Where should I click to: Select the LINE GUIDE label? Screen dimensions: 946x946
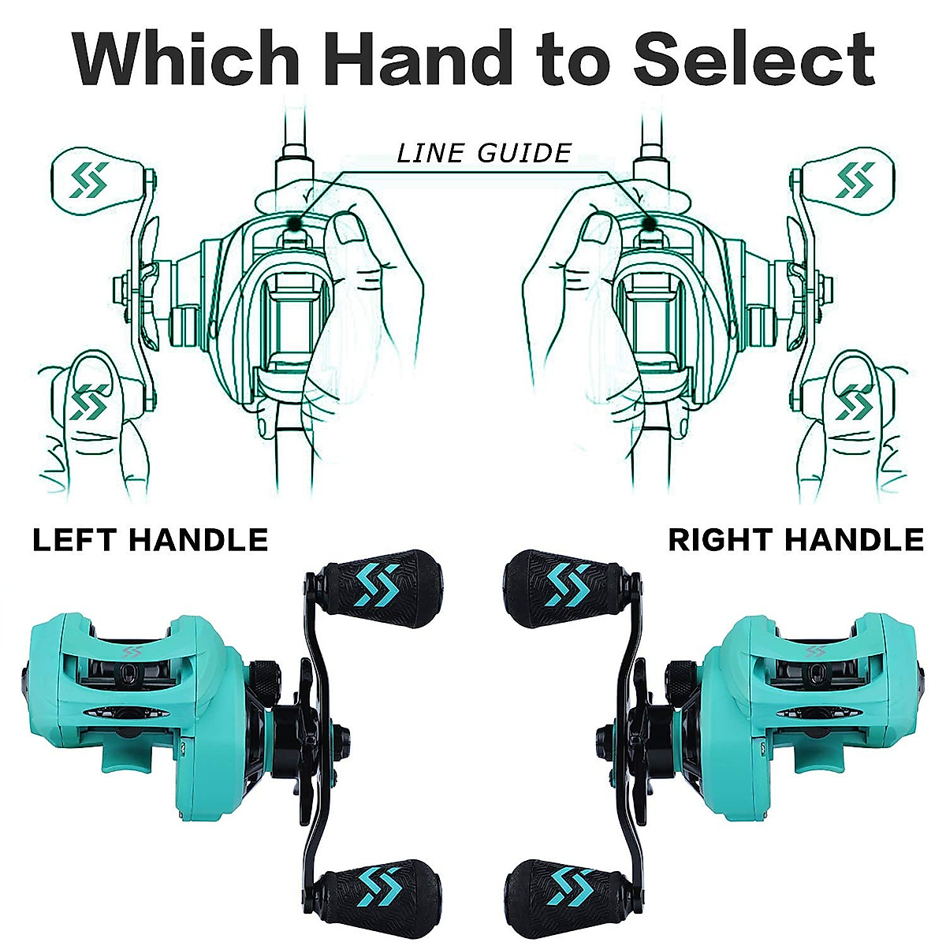[484, 152]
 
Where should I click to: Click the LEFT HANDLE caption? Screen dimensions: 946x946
[150, 540]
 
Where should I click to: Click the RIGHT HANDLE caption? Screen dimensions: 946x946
[795, 540]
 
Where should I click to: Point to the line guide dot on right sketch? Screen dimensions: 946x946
[650, 224]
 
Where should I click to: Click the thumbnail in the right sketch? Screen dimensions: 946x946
[597, 232]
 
